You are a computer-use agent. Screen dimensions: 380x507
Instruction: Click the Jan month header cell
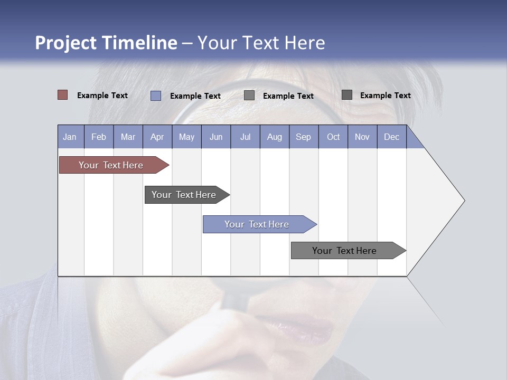tap(70, 137)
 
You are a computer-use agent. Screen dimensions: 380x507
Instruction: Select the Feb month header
tap(99, 137)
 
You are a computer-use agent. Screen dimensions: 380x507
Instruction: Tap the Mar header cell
tap(128, 137)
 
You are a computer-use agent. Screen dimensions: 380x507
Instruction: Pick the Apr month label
tap(157, 137)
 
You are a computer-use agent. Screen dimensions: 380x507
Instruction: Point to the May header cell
tap(186, 137)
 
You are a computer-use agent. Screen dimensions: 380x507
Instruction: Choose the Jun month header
tap(216, 137)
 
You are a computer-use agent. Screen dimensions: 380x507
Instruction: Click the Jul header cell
tap(245, 137)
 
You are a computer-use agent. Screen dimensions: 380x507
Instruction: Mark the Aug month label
tap(275, 137)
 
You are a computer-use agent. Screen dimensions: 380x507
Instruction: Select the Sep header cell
tap(304, 137)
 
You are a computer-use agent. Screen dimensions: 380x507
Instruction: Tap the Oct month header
tap(333, 137)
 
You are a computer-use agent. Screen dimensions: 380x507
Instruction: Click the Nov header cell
tap(362, 137)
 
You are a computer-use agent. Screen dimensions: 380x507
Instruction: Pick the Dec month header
tap(392, 137)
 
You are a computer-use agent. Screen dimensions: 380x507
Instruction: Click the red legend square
tap(63, 95)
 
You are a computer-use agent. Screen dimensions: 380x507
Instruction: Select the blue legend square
tap(156, 96)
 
